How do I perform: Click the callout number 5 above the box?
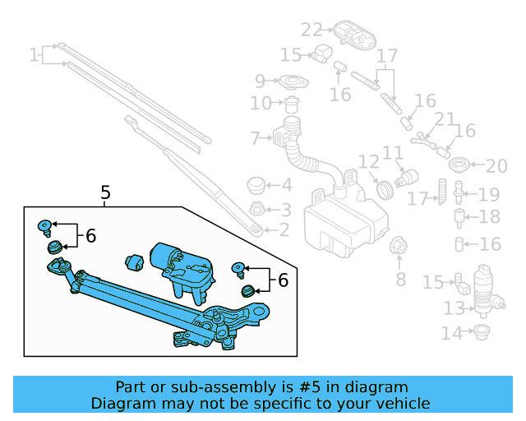(105, 193)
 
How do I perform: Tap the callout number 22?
(311, 30)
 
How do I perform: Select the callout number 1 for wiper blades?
(34, 56)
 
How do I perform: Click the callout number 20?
(496, 167)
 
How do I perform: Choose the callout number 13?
(454, 309)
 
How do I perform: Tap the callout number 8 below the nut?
(400, 280)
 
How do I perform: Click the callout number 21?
(445, 120)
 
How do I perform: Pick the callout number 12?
(367, 162)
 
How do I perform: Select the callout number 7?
(255, 137)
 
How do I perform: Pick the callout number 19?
(489, 195)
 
